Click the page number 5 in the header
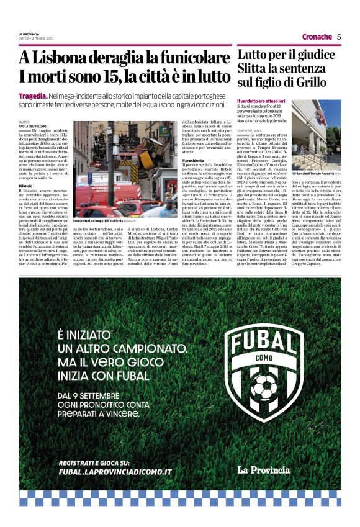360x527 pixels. [x=339, y=37]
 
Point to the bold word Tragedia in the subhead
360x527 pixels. [x=33, y=96]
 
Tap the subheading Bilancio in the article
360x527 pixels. [x=25, y=168]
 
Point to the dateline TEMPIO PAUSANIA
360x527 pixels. [x=249, y=130]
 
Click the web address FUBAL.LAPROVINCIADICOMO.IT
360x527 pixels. [x=115, y=472]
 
